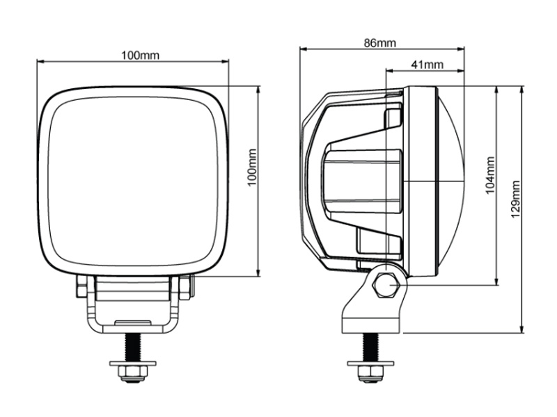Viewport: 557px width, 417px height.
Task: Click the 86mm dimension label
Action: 379,43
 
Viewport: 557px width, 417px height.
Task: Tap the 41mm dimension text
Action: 427,65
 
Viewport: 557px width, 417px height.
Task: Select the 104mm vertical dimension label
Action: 490,175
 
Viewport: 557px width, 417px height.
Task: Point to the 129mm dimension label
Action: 515,199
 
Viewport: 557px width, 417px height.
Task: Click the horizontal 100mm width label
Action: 141,56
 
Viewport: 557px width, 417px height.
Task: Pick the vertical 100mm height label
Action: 251,167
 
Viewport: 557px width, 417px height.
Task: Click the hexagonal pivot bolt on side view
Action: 386,285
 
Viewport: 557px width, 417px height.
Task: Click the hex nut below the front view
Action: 133,373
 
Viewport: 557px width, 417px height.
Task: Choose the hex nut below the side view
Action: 370,373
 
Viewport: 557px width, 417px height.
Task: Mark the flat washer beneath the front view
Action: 133,363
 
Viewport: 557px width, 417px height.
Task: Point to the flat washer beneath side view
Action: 370,363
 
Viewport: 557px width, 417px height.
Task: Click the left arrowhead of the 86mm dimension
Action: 303,49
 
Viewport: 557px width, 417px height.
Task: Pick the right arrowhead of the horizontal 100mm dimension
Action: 225,62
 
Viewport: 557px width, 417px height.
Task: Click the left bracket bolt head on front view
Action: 81,286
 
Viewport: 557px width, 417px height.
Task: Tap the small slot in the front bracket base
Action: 132,322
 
